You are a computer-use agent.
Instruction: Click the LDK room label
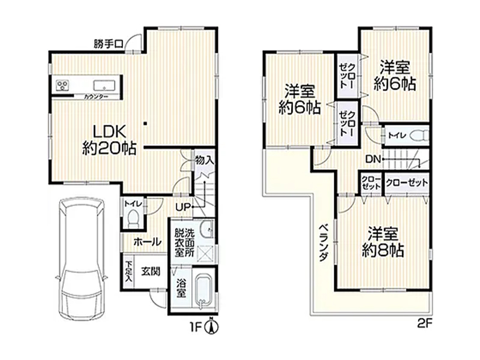pos(109,140)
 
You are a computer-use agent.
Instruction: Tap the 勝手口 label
pos(109,44)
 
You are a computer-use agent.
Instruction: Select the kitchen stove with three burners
pos(62,85)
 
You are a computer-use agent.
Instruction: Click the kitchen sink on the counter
pos(104,85)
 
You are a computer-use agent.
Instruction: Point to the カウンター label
pos(95,97)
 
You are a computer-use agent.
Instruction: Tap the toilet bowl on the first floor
pos(133,218)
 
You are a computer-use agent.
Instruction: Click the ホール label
pos(147,242)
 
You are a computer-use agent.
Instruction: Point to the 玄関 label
pos(151,272)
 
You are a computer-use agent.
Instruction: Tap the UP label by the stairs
pos(183,207)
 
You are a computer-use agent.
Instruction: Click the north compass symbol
pos(212,326)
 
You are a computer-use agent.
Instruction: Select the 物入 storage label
pos(204,160)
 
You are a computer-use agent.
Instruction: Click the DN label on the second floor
pos(373,159)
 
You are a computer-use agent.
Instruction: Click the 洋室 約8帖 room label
pos(383,242)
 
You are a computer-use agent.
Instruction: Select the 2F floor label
pos(424,323)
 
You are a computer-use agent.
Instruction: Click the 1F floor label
pos(197,328)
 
